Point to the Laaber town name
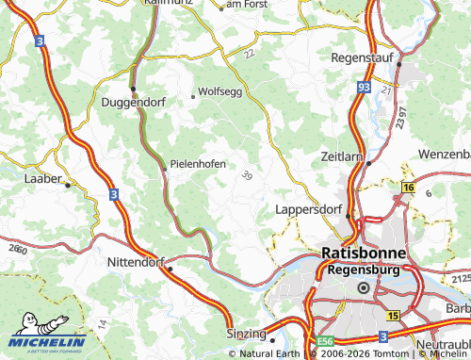[x=42, y=177]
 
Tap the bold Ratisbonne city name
[x=364, y=254]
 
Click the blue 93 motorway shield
[x=364, y=87]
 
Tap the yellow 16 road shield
[x=408, y=188]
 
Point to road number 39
[x=247, y=175]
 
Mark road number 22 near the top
[x=250, y=55]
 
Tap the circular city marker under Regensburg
[x=364, y=287]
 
